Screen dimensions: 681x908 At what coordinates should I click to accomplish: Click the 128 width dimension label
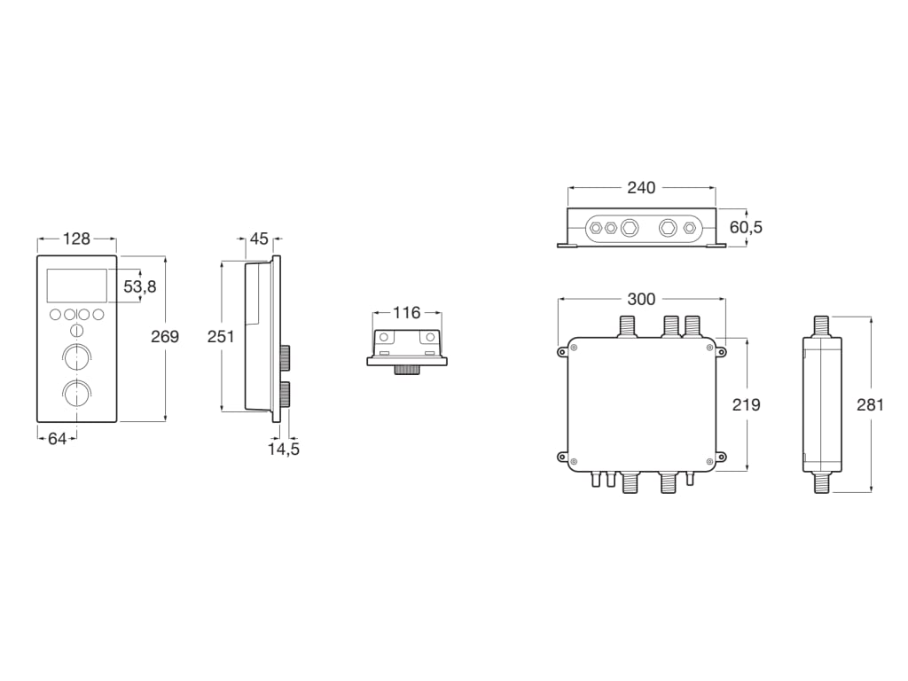77,239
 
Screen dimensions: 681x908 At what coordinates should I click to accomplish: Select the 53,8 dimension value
140,286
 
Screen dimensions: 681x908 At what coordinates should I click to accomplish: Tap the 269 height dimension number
164,337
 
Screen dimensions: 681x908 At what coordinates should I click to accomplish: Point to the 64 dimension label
57,438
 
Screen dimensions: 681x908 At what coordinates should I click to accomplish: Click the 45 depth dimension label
259,239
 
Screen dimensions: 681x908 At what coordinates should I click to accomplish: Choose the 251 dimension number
221,337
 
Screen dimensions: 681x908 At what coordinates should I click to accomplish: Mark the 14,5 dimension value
284,449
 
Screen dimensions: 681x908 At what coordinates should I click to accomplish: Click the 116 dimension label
406,312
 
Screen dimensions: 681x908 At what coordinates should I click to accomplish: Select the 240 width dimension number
641,188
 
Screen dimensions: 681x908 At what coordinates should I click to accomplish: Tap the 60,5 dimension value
746,228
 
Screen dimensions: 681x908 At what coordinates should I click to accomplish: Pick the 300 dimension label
641,300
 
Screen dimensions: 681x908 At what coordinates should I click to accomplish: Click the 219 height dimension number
747,404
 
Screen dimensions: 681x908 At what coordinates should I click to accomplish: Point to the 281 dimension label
870,404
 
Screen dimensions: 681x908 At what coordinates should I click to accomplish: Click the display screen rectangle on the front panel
76,286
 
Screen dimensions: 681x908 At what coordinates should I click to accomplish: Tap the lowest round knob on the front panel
76,391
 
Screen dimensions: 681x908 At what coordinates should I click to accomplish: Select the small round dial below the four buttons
76,331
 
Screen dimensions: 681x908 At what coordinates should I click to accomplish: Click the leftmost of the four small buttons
55,314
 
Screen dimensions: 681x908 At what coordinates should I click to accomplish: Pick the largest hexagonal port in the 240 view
630,228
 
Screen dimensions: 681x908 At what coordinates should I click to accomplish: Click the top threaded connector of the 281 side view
822,325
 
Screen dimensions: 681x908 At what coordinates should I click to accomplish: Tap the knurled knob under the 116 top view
407,369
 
